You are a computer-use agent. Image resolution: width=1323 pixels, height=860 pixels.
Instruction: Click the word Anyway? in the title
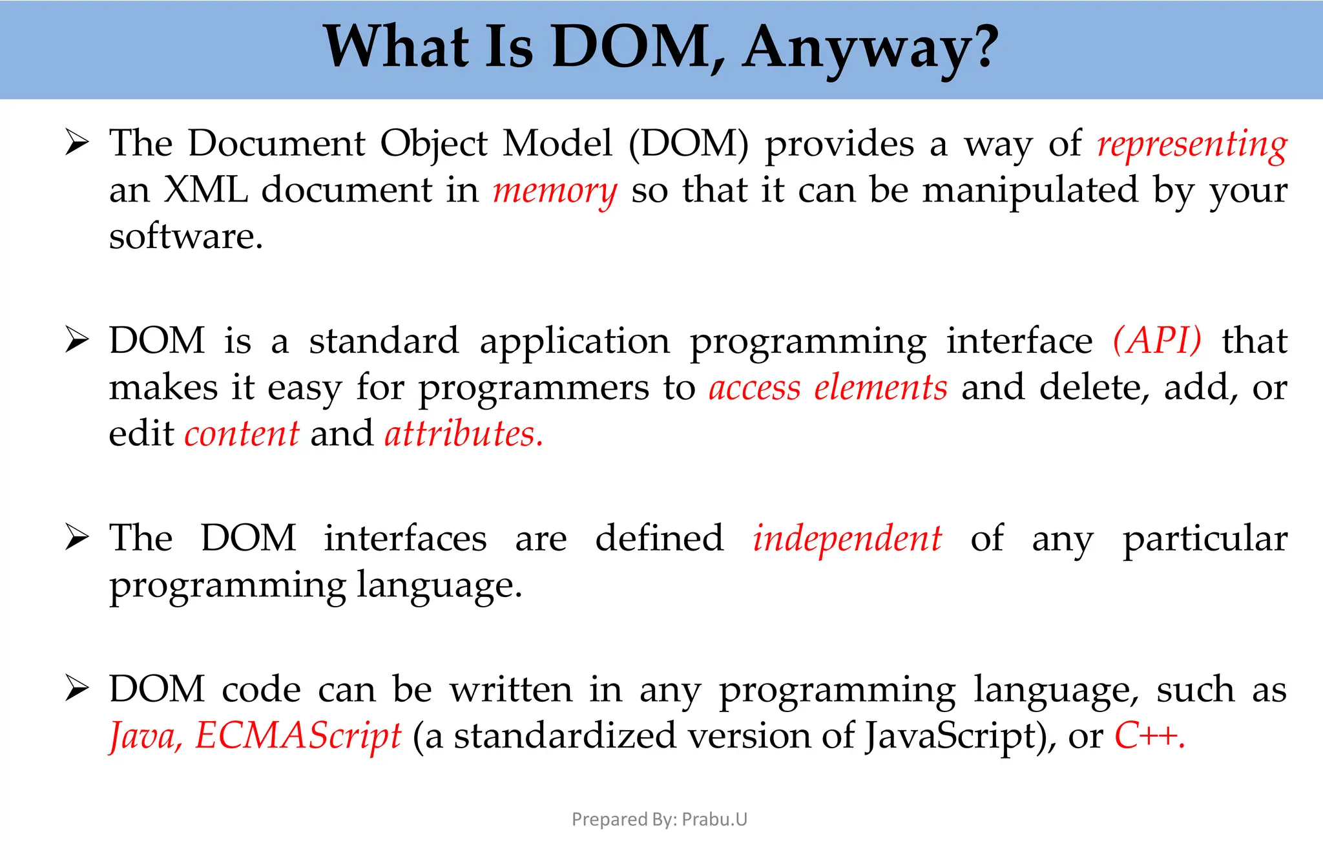tap(870, 48)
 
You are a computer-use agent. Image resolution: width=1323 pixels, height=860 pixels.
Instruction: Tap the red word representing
tap(1192, 145)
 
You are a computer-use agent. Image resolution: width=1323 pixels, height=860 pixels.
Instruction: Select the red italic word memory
tap(555, 191)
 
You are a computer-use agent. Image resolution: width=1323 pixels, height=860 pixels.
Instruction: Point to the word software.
tap(185, 236)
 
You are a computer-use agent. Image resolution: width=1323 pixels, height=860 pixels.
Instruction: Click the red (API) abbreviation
tap(1157, 341)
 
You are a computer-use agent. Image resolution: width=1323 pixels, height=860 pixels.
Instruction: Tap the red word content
tap(242, 434)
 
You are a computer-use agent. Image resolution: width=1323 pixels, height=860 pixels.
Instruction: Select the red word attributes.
tap(463, 434)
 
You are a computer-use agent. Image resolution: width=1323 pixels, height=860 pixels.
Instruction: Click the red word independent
tap(847, 539)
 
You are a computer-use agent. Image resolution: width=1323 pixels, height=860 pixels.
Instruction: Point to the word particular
tap(1205, 539)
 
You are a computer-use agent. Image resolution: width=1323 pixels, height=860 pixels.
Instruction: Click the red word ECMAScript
tap(298, 736)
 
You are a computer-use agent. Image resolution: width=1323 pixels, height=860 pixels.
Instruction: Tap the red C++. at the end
tap(1149, 736)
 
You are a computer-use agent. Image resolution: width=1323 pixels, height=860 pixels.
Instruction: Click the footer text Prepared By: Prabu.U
tap(660, 819)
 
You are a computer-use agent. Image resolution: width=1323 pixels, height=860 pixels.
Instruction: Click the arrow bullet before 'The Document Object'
tap(77, 143)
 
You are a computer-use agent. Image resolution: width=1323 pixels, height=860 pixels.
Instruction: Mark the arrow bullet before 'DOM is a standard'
tap(77, 341)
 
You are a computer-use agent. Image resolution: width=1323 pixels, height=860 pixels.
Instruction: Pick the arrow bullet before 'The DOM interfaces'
tap(77, 538)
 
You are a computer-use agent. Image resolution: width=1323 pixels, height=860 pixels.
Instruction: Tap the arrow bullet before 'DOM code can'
tap(77, 689)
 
